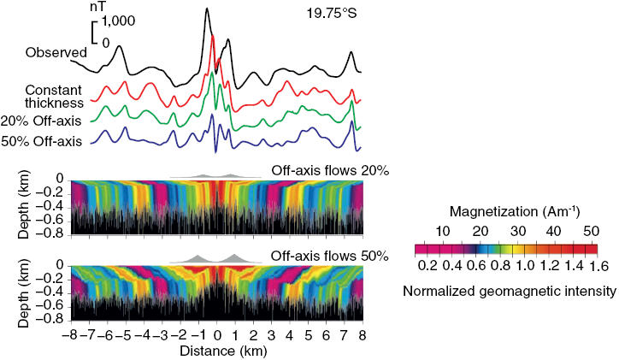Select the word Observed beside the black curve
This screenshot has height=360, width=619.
click(x=56, y=53)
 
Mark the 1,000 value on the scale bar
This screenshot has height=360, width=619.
click(x=120, y=25)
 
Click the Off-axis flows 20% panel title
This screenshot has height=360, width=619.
click(x=330, y=171)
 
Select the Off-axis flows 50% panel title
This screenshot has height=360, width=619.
click(x=330, y=255)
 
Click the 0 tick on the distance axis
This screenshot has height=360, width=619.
click(x=217, y=335)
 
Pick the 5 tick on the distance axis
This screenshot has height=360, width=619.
click(x=308, y=335)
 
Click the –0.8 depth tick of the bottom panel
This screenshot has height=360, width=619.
click(x=53, y=317)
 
